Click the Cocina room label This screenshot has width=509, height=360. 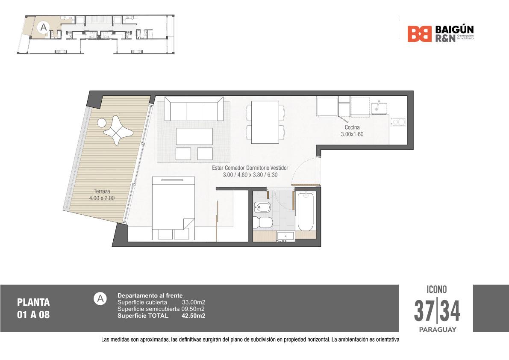(352, 127)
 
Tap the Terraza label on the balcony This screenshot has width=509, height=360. (102, 191)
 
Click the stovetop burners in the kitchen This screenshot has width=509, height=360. (398, 122)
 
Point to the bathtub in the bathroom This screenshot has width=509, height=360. (306, 211)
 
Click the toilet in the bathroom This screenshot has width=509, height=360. (263, 222)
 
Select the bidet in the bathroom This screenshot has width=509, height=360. (262, 207)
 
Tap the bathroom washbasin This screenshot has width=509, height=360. (285, 236)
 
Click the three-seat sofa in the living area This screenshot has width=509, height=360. (194, 109)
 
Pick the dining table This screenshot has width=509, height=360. (265, 122)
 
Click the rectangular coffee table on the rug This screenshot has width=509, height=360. (194, 136)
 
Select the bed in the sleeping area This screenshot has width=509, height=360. (174, 208)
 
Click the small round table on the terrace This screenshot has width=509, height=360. (102, 123)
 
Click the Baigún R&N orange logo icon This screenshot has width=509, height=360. (419, 34)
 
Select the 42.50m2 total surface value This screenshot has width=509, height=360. (193, 316)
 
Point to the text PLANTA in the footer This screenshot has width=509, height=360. (33, 302)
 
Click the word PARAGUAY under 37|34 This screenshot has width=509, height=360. (438, 330)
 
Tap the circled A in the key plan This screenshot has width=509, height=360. (43, 28)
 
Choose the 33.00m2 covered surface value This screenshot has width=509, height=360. (194, 302)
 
